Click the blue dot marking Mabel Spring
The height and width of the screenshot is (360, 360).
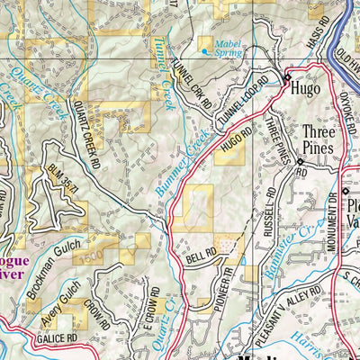coord(204,51)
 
